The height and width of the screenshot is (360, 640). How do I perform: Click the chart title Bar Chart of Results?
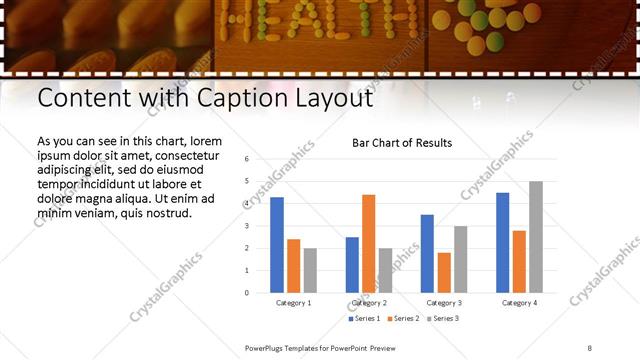pyautogui.click(x=402, y=143)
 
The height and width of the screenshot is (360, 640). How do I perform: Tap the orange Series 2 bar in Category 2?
pyautogui.click(x=369, y=243)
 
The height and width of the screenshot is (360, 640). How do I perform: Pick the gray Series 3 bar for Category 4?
pyautogui.click(x=536, y=237)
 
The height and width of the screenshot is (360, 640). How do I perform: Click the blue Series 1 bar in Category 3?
pyautogui.click(x=427, y=254)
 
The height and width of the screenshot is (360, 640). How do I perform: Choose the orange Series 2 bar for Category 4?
pyautogui.click(x=519, y=262)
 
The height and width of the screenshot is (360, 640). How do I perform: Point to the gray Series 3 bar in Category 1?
pyautogui.click(x=310, y=270)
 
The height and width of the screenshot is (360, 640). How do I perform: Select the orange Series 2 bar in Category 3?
pyautogui.click(x=444, y=273)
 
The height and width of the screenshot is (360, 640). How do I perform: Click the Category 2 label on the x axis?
pyautogui.click(x=369, y=302)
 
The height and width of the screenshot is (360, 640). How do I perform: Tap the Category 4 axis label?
pyautogui.click(x=519, y=302)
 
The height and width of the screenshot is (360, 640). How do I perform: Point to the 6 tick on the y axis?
pyautogui.click(x=246, y=159)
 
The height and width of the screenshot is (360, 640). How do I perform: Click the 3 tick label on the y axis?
pyautogui.click(x=246, y=226)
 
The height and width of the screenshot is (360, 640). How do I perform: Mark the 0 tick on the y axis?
pyautogui.click(x=246, y=293)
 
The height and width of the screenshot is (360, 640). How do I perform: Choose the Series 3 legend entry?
pyautogui.click(x=440, y=319)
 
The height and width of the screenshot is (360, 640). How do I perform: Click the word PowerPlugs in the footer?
pyautogui.click(x=266, y=347)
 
